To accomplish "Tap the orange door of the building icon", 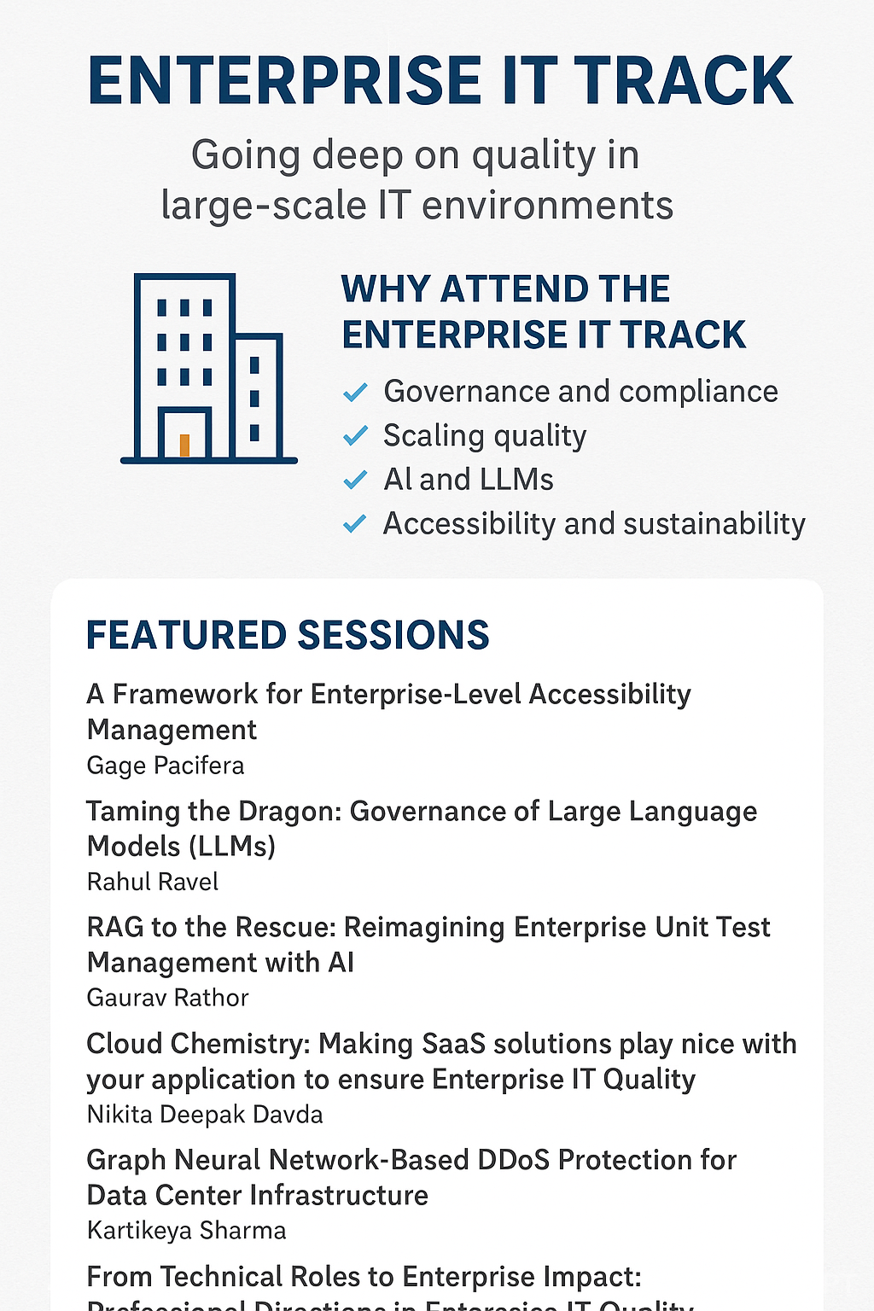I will click(x=184, y=445).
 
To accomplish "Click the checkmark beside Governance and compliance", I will click(x=354, y=393).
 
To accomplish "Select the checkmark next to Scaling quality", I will click(x=354, y=436).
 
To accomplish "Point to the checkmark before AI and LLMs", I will click(x=354, y=481).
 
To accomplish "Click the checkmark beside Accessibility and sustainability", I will click(x=354, y=524).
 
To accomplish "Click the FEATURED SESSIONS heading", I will click(x=288, y=636).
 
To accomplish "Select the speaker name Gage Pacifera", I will click(x=166, y=766).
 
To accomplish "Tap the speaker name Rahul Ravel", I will click(x=153, y=882).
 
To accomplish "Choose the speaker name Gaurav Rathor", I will click(x=167, y=998).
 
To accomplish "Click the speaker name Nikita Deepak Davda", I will click(x=205, y=1115).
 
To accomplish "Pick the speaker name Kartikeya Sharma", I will click(x=186, y=1231).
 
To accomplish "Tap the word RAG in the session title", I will click(x=115, y=927).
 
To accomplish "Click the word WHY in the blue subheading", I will click(x=384, y=289).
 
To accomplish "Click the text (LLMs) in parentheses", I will click(x=231, y=847).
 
